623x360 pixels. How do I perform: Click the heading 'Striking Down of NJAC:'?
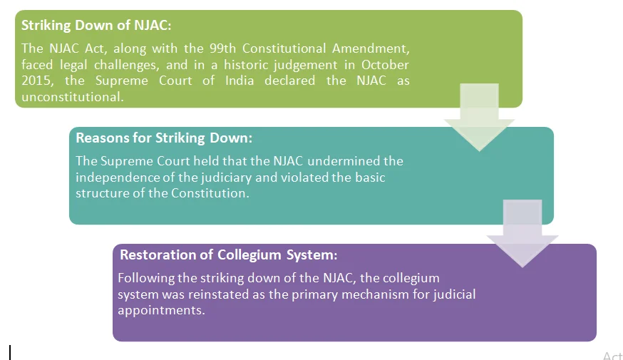click(x=96, y=25)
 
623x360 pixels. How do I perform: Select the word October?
click(x=385, y=65)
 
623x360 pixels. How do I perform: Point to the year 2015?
click(x=36, y=81)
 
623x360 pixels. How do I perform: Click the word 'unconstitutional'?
click(x=72, y=97)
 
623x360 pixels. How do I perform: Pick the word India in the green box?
click(x=240, y=81)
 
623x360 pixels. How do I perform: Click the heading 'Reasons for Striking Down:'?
click(x=164, y=138)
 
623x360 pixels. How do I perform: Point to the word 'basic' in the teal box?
click(x=370, y=178)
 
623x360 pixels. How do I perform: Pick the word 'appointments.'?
click(x=161, y=310)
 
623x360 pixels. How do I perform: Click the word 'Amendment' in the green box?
click(x=371, y=48)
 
